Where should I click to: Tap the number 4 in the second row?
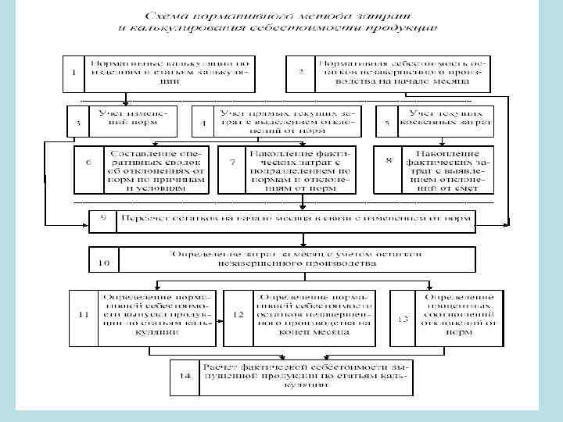pos(203,123)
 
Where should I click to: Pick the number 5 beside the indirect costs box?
pos(386,123)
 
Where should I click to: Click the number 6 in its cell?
pos(88,162)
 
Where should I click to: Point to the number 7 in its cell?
pos(232,162)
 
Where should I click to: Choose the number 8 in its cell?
pos(389,161)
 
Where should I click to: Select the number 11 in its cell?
pos(84,315)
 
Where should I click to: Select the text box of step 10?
pos(296,259)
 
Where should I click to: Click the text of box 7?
pos(300,169)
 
